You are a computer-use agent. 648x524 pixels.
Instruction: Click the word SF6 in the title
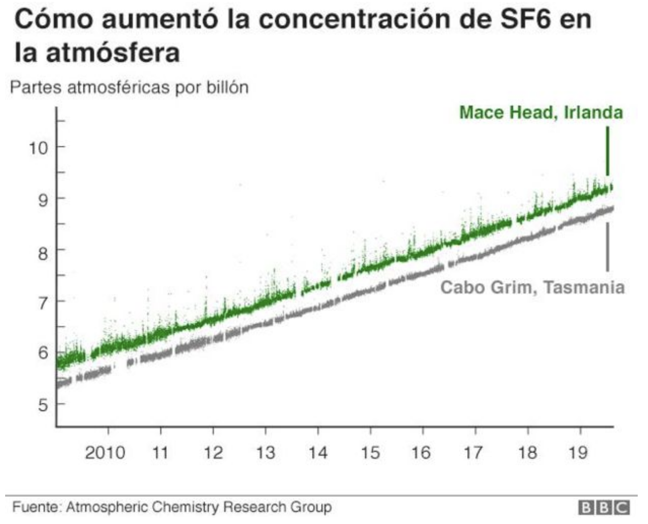click(x=517, y=20)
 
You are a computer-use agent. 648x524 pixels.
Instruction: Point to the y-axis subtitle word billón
click(x=227, y=88)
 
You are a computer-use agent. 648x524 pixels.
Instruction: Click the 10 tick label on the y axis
click(x=37, y=148)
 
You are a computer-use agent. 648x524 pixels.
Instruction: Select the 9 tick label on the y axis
click(x=43, y=199)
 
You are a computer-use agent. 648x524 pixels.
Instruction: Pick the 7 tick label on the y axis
click(x=43, y=302)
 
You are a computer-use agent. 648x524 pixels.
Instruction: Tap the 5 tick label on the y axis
click(x=43, y=405)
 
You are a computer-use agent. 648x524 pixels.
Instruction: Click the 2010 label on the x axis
click(x=105, y=453)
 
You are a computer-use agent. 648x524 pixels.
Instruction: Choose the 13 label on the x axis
click(x=265, y=453)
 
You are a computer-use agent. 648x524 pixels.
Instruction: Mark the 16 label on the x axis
click(x=422, y=453)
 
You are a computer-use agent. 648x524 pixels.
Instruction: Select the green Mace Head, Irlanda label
click(x=541, y=113)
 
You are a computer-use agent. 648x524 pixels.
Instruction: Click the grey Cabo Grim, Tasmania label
click(x=532, y=287)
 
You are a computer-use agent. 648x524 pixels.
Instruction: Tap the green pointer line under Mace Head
click(x=607, y=152)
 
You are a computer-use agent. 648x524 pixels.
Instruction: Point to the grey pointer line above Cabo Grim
click(x=607, y=247)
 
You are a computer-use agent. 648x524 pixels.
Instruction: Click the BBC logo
click(x=604, y=508)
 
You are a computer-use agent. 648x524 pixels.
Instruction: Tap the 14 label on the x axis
click(x=318, y=453)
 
